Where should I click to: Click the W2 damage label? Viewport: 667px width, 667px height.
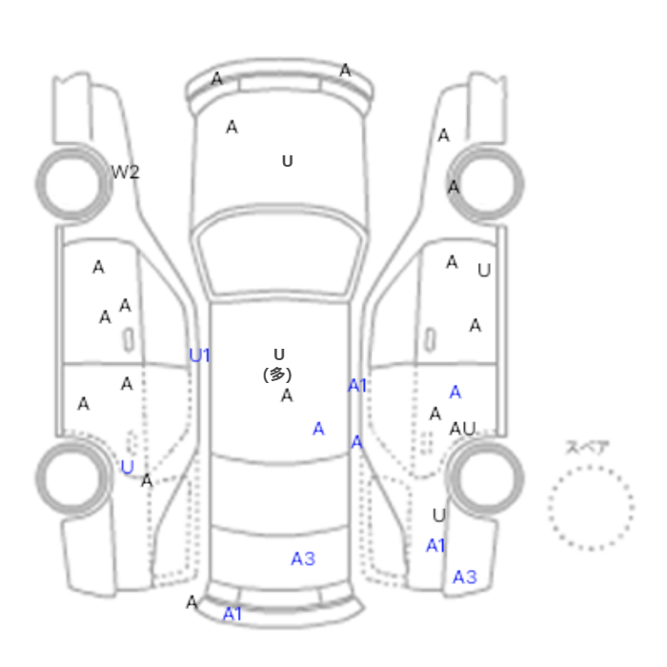[x=125, y=172]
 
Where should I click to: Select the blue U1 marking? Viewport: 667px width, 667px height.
[x=199, y=355]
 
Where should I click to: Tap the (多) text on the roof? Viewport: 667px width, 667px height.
[x=277, y=374]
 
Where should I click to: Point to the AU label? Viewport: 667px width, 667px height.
[x=462, y=429]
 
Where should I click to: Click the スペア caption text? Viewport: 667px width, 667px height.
[x=588, y=448]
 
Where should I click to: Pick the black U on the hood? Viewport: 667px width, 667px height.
[x=288, y=161]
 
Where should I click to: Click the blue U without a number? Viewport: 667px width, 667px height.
[x=127, y=467]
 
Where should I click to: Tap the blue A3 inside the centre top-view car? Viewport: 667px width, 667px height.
[x=303, y=559]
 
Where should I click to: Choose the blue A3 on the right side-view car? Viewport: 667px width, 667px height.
[x=465, y=577]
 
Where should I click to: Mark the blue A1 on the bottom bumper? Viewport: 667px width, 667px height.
[x=232, y=614]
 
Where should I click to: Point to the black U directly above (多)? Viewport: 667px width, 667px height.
[x=279, y=354]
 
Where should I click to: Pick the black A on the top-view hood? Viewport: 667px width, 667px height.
[x=232, y=127]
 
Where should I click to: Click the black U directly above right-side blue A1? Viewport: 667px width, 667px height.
[x=439, y=515]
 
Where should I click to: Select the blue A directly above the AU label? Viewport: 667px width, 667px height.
[x=455, y=392]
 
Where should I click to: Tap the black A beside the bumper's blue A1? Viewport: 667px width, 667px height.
[x=192, y=602]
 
